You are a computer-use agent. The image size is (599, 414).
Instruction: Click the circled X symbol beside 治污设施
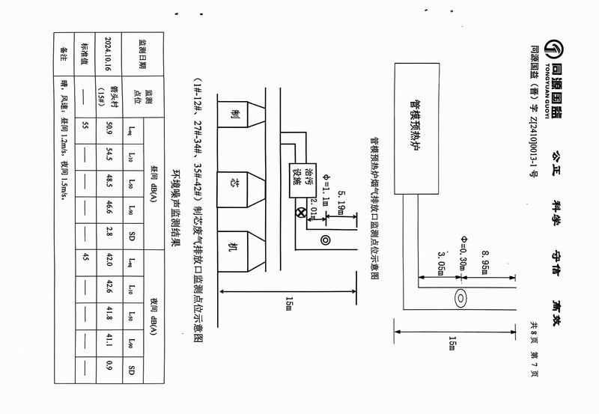(302, 213)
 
